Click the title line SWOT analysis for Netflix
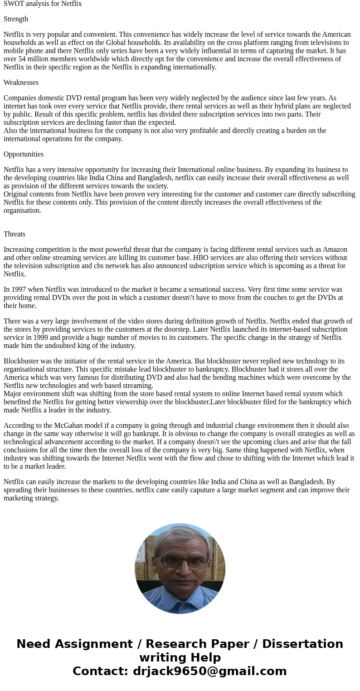[43, 4]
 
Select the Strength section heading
[16, 19]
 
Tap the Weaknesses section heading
[21, 83]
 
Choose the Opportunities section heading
[24, 154]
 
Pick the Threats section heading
[15, 234]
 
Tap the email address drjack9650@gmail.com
[209, 671]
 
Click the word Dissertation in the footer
[302, 644]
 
